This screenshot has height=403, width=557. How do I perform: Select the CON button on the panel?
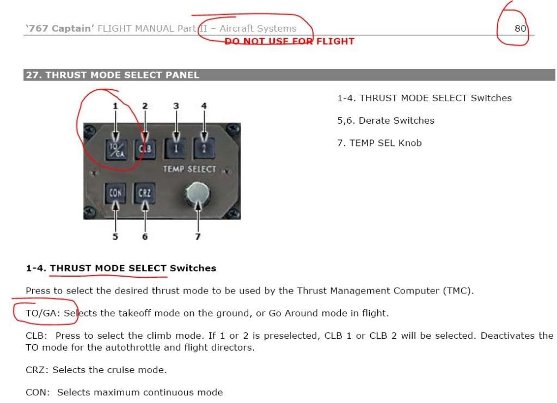pyautogui.click(x=115, y=193)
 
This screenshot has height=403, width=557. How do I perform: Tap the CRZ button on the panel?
pyautogui.click(x=145, y=193)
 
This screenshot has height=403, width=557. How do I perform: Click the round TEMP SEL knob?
pyautogui.click(x=198, y=194)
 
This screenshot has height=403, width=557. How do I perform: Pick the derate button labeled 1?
pyautogui.click(x=176, y=149)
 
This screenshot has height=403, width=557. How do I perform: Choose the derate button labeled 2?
pyautogui.click(x=204, y=149)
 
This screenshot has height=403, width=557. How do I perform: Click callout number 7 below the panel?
pyautogui.click(x=198, y=236)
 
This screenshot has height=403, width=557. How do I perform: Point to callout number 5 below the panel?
pyautogui.click(x=115, y=236)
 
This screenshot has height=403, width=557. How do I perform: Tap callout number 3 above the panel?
pyautogui.click(x=176, y=106)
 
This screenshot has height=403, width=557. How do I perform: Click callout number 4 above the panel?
pyautogui.click(x=204, y=106)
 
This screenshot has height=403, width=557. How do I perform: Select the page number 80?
pyautogui.click(x=520, y=28)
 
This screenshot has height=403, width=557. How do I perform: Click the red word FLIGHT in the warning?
pyautogui.click(x=335, y=41)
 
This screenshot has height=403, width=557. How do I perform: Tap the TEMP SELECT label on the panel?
pyautogui.click(x=189, y=169)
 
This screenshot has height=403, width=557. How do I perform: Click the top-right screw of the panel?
pyautogui.click(x=233, y=130)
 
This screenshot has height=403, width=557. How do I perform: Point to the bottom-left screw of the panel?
pyautogui.click(x=89, y=212)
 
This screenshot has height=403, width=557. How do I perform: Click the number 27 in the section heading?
pyautogui.click(x=32, y=75)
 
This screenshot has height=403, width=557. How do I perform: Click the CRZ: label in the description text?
pyautogui.click(x=38, y=370)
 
